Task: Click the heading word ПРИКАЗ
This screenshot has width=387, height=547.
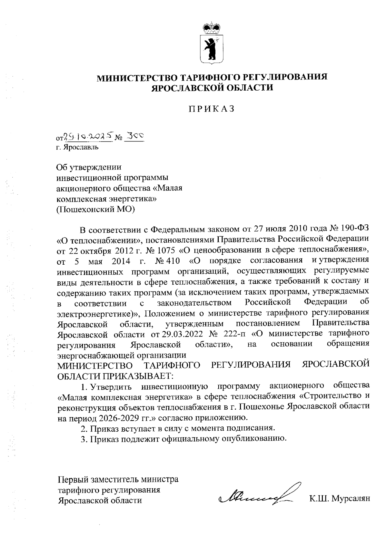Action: click(x=211, y=109)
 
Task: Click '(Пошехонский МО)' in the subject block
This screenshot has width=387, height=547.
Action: click(x=95, y=209)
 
